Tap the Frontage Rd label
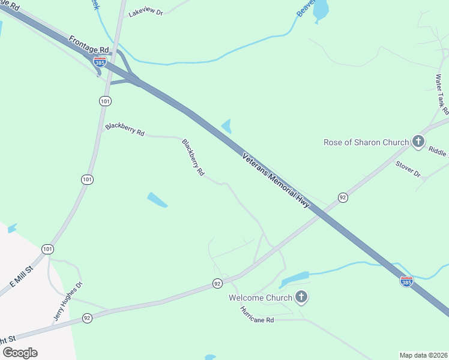[x=89, y=46]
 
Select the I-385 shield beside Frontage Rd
[x=100, y=61]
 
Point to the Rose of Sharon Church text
[x=366, y=142]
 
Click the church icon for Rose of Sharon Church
[x=418, y=142]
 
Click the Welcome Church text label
[x=261, y=298]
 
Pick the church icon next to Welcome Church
[x=301, y=298]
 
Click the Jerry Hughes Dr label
[x=67, y=302]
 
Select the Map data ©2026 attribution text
[x=424, y=355]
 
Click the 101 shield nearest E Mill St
[x=47, y=248]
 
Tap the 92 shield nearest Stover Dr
[x=343, y=197]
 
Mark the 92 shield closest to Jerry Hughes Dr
[x=87, y=317]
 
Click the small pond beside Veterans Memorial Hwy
[x=227, y=126]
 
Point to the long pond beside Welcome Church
[x=294, y=278]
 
